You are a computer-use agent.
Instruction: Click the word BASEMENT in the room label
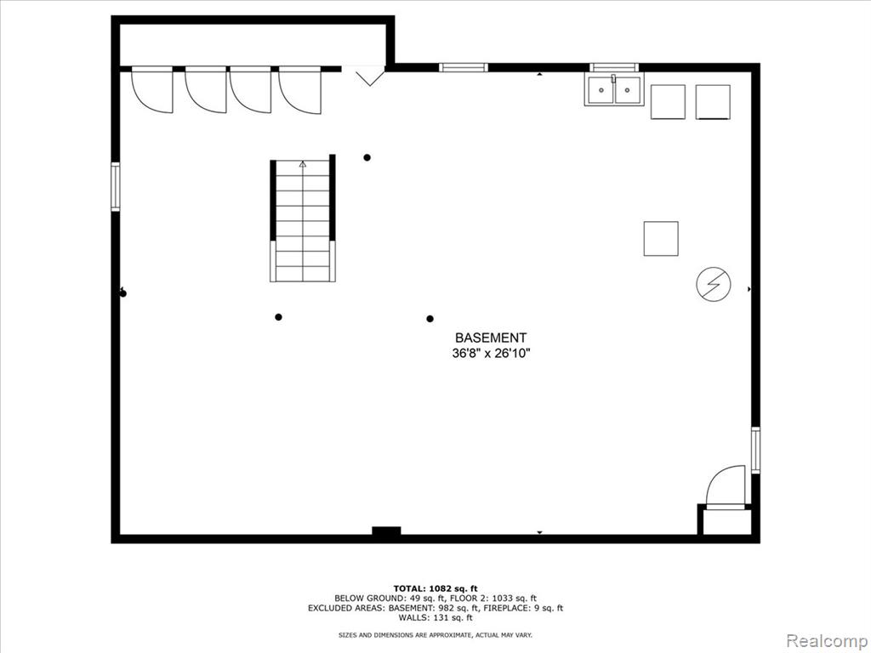click(491, 338)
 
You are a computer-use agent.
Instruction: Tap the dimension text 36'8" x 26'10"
click(491, 353)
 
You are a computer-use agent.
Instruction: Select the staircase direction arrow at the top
click(303, 164)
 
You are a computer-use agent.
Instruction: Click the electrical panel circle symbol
click(714, 284)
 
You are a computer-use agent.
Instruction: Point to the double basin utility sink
click(614, 90)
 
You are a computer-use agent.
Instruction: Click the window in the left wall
click(116, 186)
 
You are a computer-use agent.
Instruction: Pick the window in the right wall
click(755, 450)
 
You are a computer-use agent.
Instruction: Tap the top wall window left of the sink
click(464, 68)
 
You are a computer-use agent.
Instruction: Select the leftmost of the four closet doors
click(152, 89)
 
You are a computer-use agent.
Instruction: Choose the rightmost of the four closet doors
click(300, 90)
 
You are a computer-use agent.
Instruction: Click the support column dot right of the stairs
click(367, 157)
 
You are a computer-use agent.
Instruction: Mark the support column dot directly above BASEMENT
click(430, 319)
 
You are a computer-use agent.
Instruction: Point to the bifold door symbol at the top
click(370, 76)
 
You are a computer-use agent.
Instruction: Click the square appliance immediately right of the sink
click(668, 102)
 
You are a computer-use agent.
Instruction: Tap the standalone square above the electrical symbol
click(661, 239)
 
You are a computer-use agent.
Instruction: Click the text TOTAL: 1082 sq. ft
click(435, 588)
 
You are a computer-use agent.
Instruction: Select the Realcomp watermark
click(826, 641)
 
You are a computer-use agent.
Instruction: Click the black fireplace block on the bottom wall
click(387, 531)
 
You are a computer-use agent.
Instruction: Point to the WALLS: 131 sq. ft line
click(435, 617)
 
